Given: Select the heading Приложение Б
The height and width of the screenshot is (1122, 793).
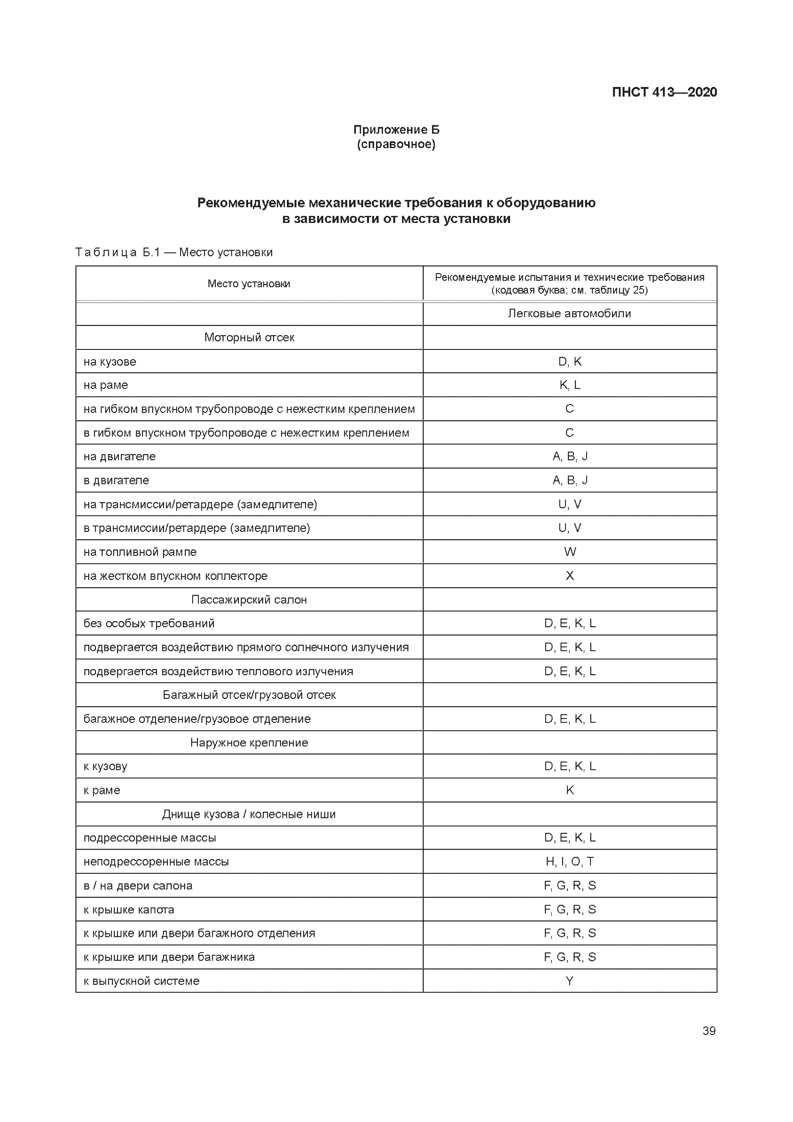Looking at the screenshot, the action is [396, 130].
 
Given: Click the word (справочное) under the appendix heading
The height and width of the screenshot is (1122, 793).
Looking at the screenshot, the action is [396, 144].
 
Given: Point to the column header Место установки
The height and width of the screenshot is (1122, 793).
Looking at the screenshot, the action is [249, 283].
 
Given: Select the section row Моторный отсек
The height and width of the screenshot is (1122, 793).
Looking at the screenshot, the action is [249, 337].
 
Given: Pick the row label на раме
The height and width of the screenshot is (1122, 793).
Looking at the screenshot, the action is [106, 385].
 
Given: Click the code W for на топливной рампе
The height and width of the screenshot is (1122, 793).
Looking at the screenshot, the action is [570, 552].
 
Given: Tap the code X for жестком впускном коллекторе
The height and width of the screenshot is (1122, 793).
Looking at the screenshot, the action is [570, 576].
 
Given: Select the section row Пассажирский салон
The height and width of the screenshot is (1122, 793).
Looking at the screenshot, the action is [249, 600].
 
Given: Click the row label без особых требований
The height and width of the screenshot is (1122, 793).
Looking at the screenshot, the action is [149, 624].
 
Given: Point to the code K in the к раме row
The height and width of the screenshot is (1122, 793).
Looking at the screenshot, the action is [570, 790].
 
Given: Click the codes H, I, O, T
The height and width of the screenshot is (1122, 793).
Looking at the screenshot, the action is [570, 862].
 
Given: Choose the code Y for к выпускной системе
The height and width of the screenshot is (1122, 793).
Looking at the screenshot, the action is [570, 981].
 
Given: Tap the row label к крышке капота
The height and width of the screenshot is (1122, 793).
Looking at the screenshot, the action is [129, 909].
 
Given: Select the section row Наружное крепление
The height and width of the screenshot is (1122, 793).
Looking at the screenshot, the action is [249, 743].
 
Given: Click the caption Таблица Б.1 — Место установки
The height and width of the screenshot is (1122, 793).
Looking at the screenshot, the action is [174, 252].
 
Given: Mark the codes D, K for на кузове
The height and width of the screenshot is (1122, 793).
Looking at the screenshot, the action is [570, 362].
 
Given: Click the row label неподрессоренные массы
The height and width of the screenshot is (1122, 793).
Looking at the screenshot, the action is [156, 862].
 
